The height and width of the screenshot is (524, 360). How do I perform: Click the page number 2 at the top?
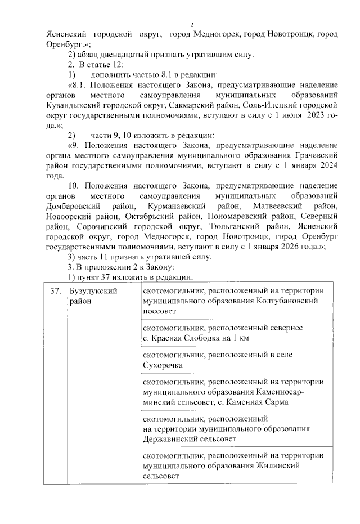pyautogui.click(x=192, y=24)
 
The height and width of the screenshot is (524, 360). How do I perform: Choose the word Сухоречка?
pyautogui.click(x=163, y=365)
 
